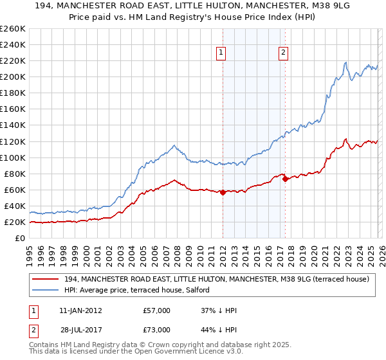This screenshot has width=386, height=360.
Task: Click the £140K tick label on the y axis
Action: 13,125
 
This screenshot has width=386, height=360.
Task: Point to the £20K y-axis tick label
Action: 15,222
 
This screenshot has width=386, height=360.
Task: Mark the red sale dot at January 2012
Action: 223,192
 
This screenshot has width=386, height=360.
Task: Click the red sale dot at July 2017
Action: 286,179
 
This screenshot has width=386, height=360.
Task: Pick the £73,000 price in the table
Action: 158,329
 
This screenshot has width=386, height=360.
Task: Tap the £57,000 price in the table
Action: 158,310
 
